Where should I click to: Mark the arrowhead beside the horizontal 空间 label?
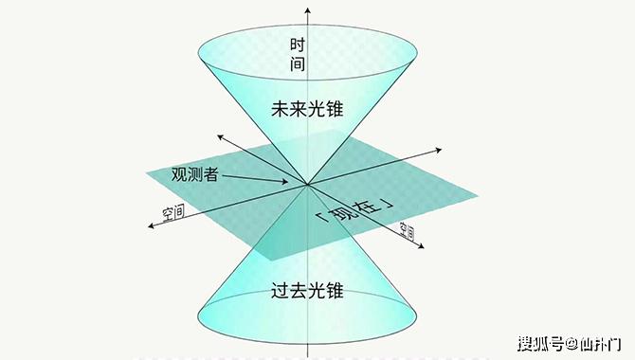coord(149,225)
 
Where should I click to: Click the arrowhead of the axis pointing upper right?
coord(442,149)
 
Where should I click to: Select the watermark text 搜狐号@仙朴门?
coord(571,341)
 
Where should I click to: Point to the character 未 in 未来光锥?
coord(279,111)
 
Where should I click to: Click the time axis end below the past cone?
coord(307,355)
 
